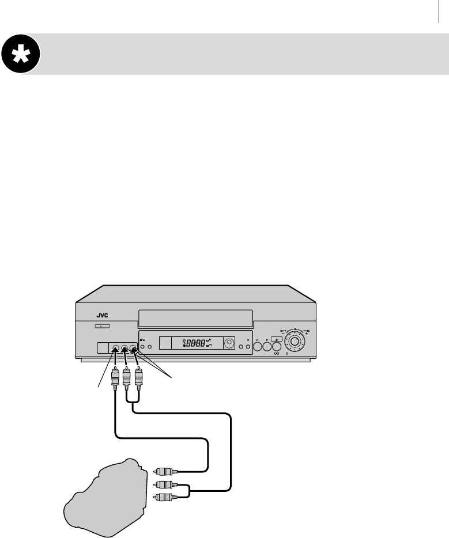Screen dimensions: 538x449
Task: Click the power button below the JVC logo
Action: (101, 326)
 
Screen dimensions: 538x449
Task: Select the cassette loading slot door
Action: (195, 316)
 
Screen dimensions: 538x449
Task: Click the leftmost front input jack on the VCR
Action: (116, 348)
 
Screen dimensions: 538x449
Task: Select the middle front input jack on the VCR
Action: (125, 348)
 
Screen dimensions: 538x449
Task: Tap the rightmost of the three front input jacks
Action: (134, 348)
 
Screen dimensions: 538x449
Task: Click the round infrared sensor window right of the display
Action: (229, 343)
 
